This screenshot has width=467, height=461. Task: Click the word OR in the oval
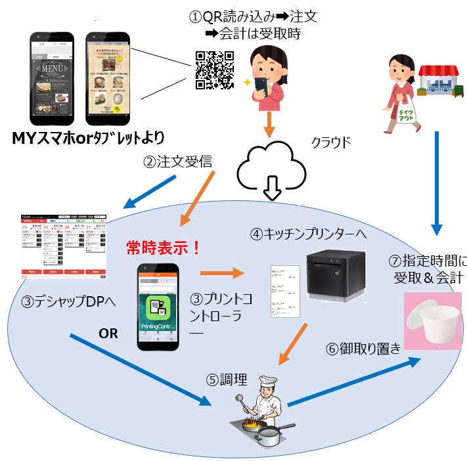pyautogui.click(x=108, y=333)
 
